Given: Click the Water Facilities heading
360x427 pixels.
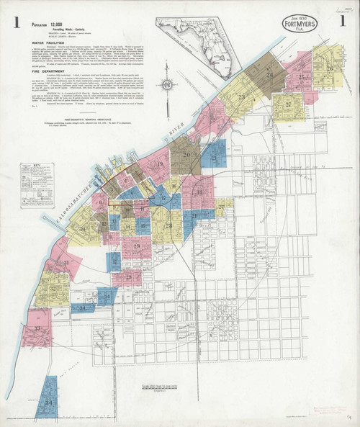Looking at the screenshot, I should tap(48, 42).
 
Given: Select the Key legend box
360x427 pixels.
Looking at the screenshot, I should tap(33, 176).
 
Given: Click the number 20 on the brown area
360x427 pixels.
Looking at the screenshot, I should tap(186, 154).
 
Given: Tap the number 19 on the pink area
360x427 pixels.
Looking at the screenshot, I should tap(154, 161).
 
